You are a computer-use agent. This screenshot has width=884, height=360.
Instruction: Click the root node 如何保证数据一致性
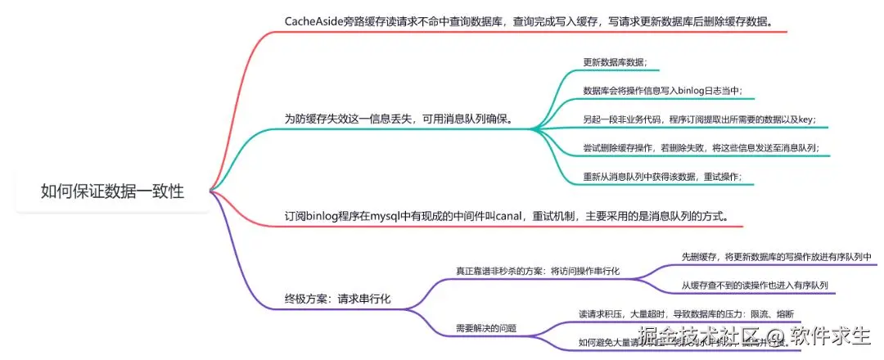(x=112, y=191)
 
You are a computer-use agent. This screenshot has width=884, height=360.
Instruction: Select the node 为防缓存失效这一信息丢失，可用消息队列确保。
(x=398, y=119)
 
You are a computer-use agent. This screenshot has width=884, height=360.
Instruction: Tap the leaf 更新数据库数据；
(x=615, y=62)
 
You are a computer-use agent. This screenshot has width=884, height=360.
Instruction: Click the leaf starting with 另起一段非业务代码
(x=699, y=119)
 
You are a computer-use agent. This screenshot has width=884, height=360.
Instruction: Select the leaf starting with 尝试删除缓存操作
(x=701, y=148)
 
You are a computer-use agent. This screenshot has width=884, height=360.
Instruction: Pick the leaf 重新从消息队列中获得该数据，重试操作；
(x=662, y=176)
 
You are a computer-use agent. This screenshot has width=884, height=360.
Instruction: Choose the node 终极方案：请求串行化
(x=337, y=299)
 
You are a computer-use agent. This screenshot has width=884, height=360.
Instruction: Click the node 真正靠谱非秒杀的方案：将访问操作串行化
(x=538, y=270)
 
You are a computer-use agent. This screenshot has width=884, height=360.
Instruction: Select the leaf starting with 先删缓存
(x=776, y=256)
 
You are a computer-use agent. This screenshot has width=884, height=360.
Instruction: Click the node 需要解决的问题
(x=486, y=328)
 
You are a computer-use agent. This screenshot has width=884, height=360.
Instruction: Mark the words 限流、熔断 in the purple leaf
(x=769, y=313)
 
